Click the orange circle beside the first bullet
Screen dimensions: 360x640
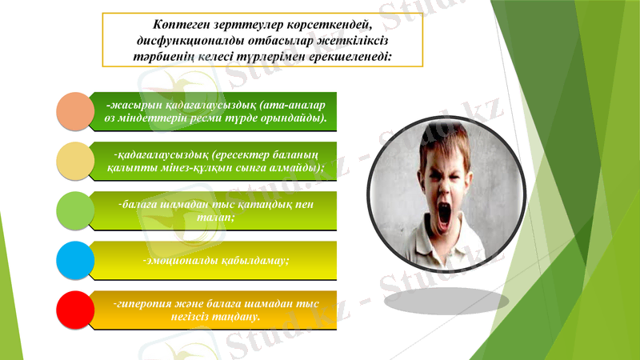tap(77, 110)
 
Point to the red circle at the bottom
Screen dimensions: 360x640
tap(77, 310)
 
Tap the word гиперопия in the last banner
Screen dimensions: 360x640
tap(146, 304)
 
